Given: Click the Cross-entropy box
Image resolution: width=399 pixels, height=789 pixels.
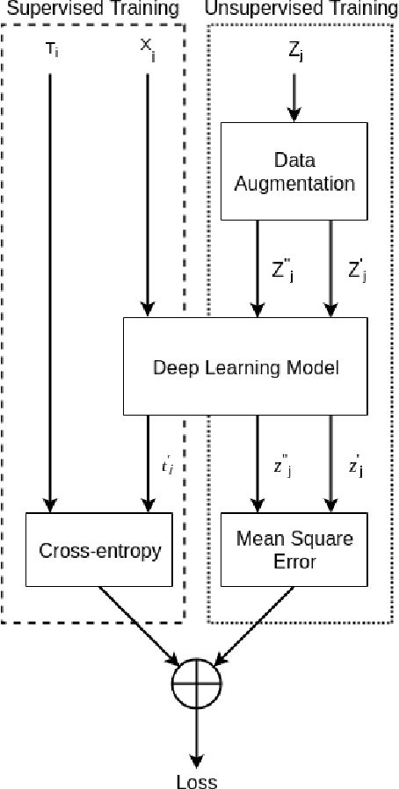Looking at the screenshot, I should tap(91, 550).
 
